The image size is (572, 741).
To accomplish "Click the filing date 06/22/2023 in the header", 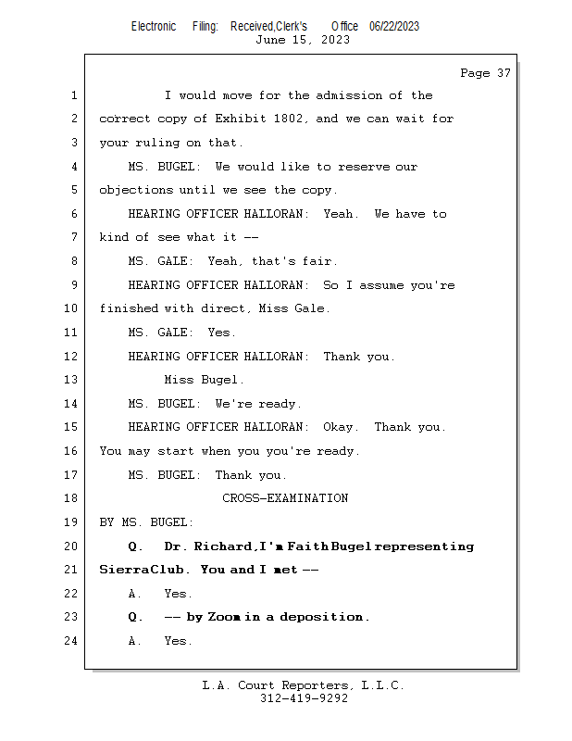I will (x=393, y=26).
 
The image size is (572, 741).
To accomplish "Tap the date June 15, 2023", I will (x=303, y=40).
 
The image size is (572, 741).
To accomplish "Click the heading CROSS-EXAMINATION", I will (x=285, y=498).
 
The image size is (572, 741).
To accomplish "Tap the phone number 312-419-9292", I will (x=304, y=699).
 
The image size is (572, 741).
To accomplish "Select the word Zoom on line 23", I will (x=224, y=618).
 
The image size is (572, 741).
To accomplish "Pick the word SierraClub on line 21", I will (x=134, y=570).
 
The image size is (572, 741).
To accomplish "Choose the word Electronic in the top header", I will (x=154, y=26).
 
